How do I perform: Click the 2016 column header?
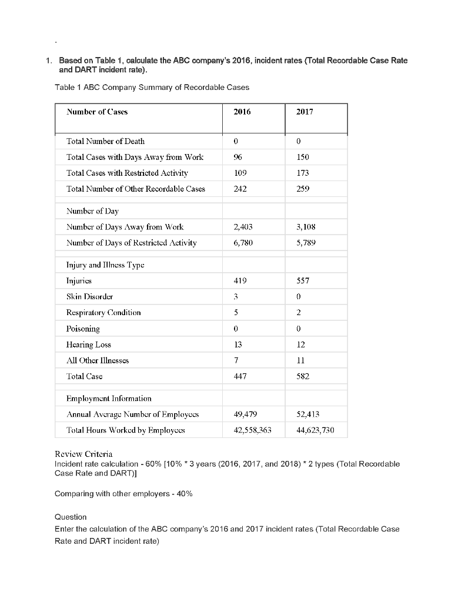click(238, 111)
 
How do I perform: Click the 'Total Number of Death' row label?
click(105, 141)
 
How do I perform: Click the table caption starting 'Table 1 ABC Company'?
click(152, 88)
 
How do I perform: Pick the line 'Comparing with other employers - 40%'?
click(123, 494)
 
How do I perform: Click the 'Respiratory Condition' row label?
click(103, 313)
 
